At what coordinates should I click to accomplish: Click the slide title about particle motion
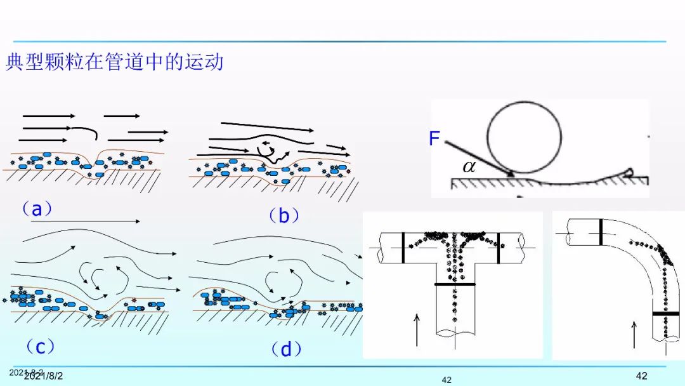115,62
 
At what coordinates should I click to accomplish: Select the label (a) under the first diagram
37,208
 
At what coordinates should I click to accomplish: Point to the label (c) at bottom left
40,347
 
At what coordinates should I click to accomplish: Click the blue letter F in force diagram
434,138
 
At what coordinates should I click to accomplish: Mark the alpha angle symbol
469,166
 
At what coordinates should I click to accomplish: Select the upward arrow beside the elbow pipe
634,334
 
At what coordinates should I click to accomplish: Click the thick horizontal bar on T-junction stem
455,284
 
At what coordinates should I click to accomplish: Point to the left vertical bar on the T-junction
402,247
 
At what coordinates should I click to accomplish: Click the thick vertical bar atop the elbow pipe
600,232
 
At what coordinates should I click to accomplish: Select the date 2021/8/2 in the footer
43,376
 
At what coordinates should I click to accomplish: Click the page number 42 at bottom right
641,375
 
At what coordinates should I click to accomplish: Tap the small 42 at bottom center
447,380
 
